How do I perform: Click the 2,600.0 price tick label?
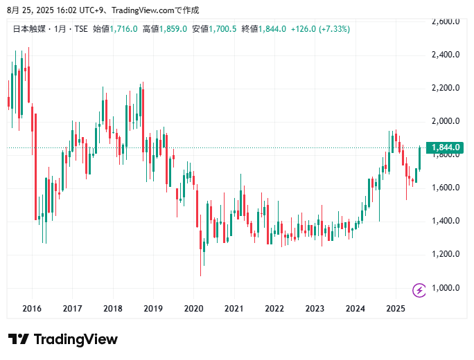(446, 21)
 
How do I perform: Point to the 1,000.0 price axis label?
(446, 288)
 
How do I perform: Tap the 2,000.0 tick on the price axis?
(446, 121)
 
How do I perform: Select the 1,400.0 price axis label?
(446, 221)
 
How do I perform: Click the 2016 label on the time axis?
(32, 309)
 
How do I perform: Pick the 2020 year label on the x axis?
(193, 309)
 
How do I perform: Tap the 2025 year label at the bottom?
(396, 309)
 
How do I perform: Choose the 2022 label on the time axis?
(274, 309)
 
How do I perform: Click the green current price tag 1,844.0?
(446, 147)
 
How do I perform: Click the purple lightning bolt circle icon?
(419, 289)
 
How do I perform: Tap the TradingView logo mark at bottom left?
(19, 339)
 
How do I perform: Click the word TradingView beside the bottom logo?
(76, 339)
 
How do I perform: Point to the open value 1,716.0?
(124, 29)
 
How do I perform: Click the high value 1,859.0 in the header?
(173, 29)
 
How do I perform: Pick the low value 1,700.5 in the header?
(223, 29)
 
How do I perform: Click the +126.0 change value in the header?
(304, 29)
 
